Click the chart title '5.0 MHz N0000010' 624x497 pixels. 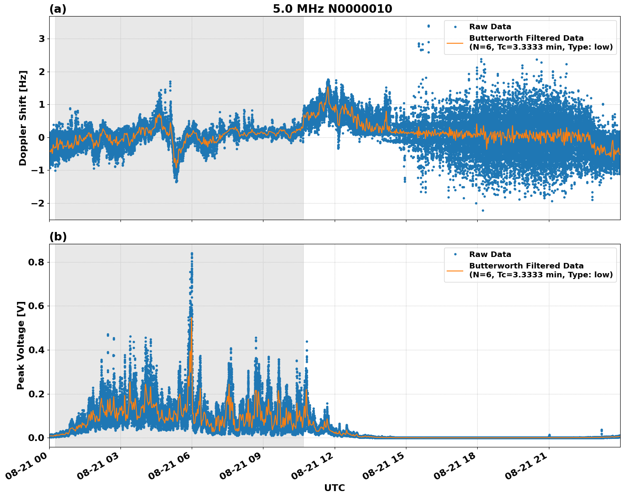click(x=332, y=9)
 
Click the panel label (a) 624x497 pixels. click(x=58, y=9)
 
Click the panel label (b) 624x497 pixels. click(x=58, y=237)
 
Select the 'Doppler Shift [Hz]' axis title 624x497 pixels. click(x=23, y=118)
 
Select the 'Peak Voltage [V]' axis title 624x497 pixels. click(x=21, y=345)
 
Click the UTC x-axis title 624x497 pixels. click(x=334, y=488)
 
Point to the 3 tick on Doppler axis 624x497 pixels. click(x=42, y=39)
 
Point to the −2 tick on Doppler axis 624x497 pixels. click(x=39, y=204)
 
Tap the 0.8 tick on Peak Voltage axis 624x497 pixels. click(x=37, y=262)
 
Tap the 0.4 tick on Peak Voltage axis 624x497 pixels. click(x=37, y=350)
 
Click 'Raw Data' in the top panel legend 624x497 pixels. click(x=490, y=27)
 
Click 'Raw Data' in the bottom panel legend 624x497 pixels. click(x=490, y=255)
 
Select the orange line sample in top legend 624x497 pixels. click(x=455, y=43)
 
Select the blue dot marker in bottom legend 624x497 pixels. click(x=455, y=254)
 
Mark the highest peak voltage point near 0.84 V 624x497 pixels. click(x=192, y=254)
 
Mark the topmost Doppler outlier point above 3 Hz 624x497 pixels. click(x=428, y=26)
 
